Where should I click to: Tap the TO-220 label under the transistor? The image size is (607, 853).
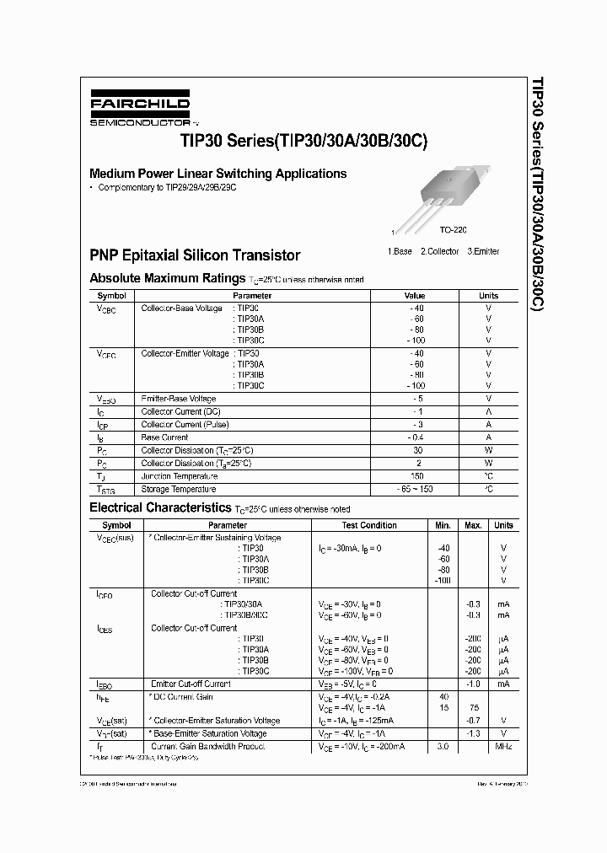pyautogui.click(x=453, y=229)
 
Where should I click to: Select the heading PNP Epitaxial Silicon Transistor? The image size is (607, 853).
pyautogui.click(x=195, y=255)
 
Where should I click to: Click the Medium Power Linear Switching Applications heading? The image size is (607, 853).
pyautogui.click(x=218, y=174)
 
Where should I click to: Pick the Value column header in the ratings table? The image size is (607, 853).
pyautogui.click(x=415, y=296)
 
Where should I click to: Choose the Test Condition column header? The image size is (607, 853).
pyautogui.click(x=369, y=525)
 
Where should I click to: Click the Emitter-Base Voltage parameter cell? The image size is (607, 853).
pyautogui.click(x=179, y=399)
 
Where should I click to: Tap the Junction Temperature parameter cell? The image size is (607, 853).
pyautogui.click(x=178, y=476)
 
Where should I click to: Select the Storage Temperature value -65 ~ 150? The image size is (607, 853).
pyautogui.click(x=415, y=489)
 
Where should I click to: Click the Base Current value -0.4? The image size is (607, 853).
pyautogui.click(x=415, y=437)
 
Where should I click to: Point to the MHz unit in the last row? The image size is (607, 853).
pyautogui.click(x=503, y=746)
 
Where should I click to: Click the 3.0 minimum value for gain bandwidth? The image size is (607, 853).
pyautogui.click(x=443, y=746)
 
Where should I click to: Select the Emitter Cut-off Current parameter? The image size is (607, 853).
pyautogui.click(x=191, y=684)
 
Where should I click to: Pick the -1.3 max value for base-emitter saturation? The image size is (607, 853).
pyautogui.click(x=473, y=733)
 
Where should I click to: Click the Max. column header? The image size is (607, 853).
pyautogui.click(x=473, y=525)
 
